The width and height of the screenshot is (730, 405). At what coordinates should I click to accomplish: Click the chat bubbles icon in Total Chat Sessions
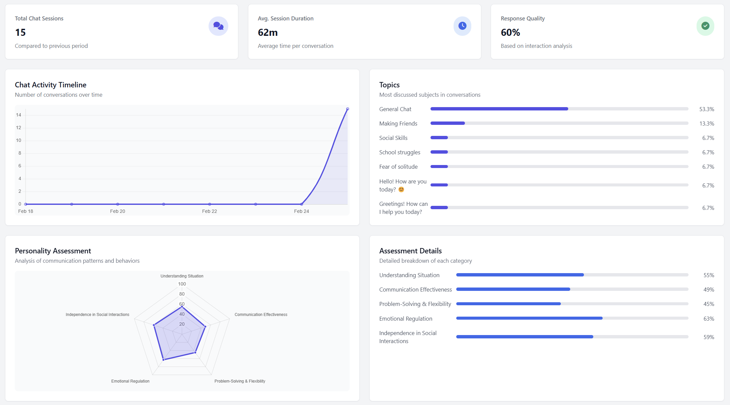(x=218, y=26)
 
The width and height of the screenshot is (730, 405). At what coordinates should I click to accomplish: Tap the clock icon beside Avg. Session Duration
(x=462, y=26)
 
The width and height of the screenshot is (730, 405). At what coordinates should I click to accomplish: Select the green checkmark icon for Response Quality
(x=705, y=26)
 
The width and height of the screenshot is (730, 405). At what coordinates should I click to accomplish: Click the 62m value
(x=268, y=32)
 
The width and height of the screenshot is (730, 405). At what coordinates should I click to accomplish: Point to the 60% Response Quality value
(x=510, y=32)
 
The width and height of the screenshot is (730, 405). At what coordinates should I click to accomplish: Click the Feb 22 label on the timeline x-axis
(x=210, y=211)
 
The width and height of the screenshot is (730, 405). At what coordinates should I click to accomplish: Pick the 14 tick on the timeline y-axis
(x=18, y=115)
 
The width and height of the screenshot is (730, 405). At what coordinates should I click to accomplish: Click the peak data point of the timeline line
(x=348, y=109)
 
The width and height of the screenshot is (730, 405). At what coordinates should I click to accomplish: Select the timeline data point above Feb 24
(x=301, y=204)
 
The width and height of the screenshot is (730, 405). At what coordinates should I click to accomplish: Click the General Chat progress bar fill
(x=499, y=109)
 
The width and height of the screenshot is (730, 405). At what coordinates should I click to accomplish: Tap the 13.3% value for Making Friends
(x=707, y=124)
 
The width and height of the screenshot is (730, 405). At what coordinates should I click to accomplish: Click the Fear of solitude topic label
(x=398, y=167)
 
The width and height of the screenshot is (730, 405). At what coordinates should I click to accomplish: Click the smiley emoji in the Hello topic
(x=401, y=189)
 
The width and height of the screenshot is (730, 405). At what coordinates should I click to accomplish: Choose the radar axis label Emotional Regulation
(x=130, y=381)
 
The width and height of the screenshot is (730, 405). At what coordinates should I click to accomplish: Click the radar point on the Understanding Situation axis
(x=182, y=307)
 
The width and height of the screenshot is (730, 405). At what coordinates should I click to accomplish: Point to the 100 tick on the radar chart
(x=182, y=284)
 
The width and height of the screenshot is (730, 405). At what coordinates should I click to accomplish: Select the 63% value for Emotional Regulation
(x=709, y=319)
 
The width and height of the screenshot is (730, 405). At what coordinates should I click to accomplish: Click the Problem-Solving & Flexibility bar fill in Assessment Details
(x=508, y=304)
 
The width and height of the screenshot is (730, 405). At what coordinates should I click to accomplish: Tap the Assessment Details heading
(x=410, y=251)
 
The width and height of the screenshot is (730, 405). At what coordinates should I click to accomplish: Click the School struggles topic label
(x=400, y=152)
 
